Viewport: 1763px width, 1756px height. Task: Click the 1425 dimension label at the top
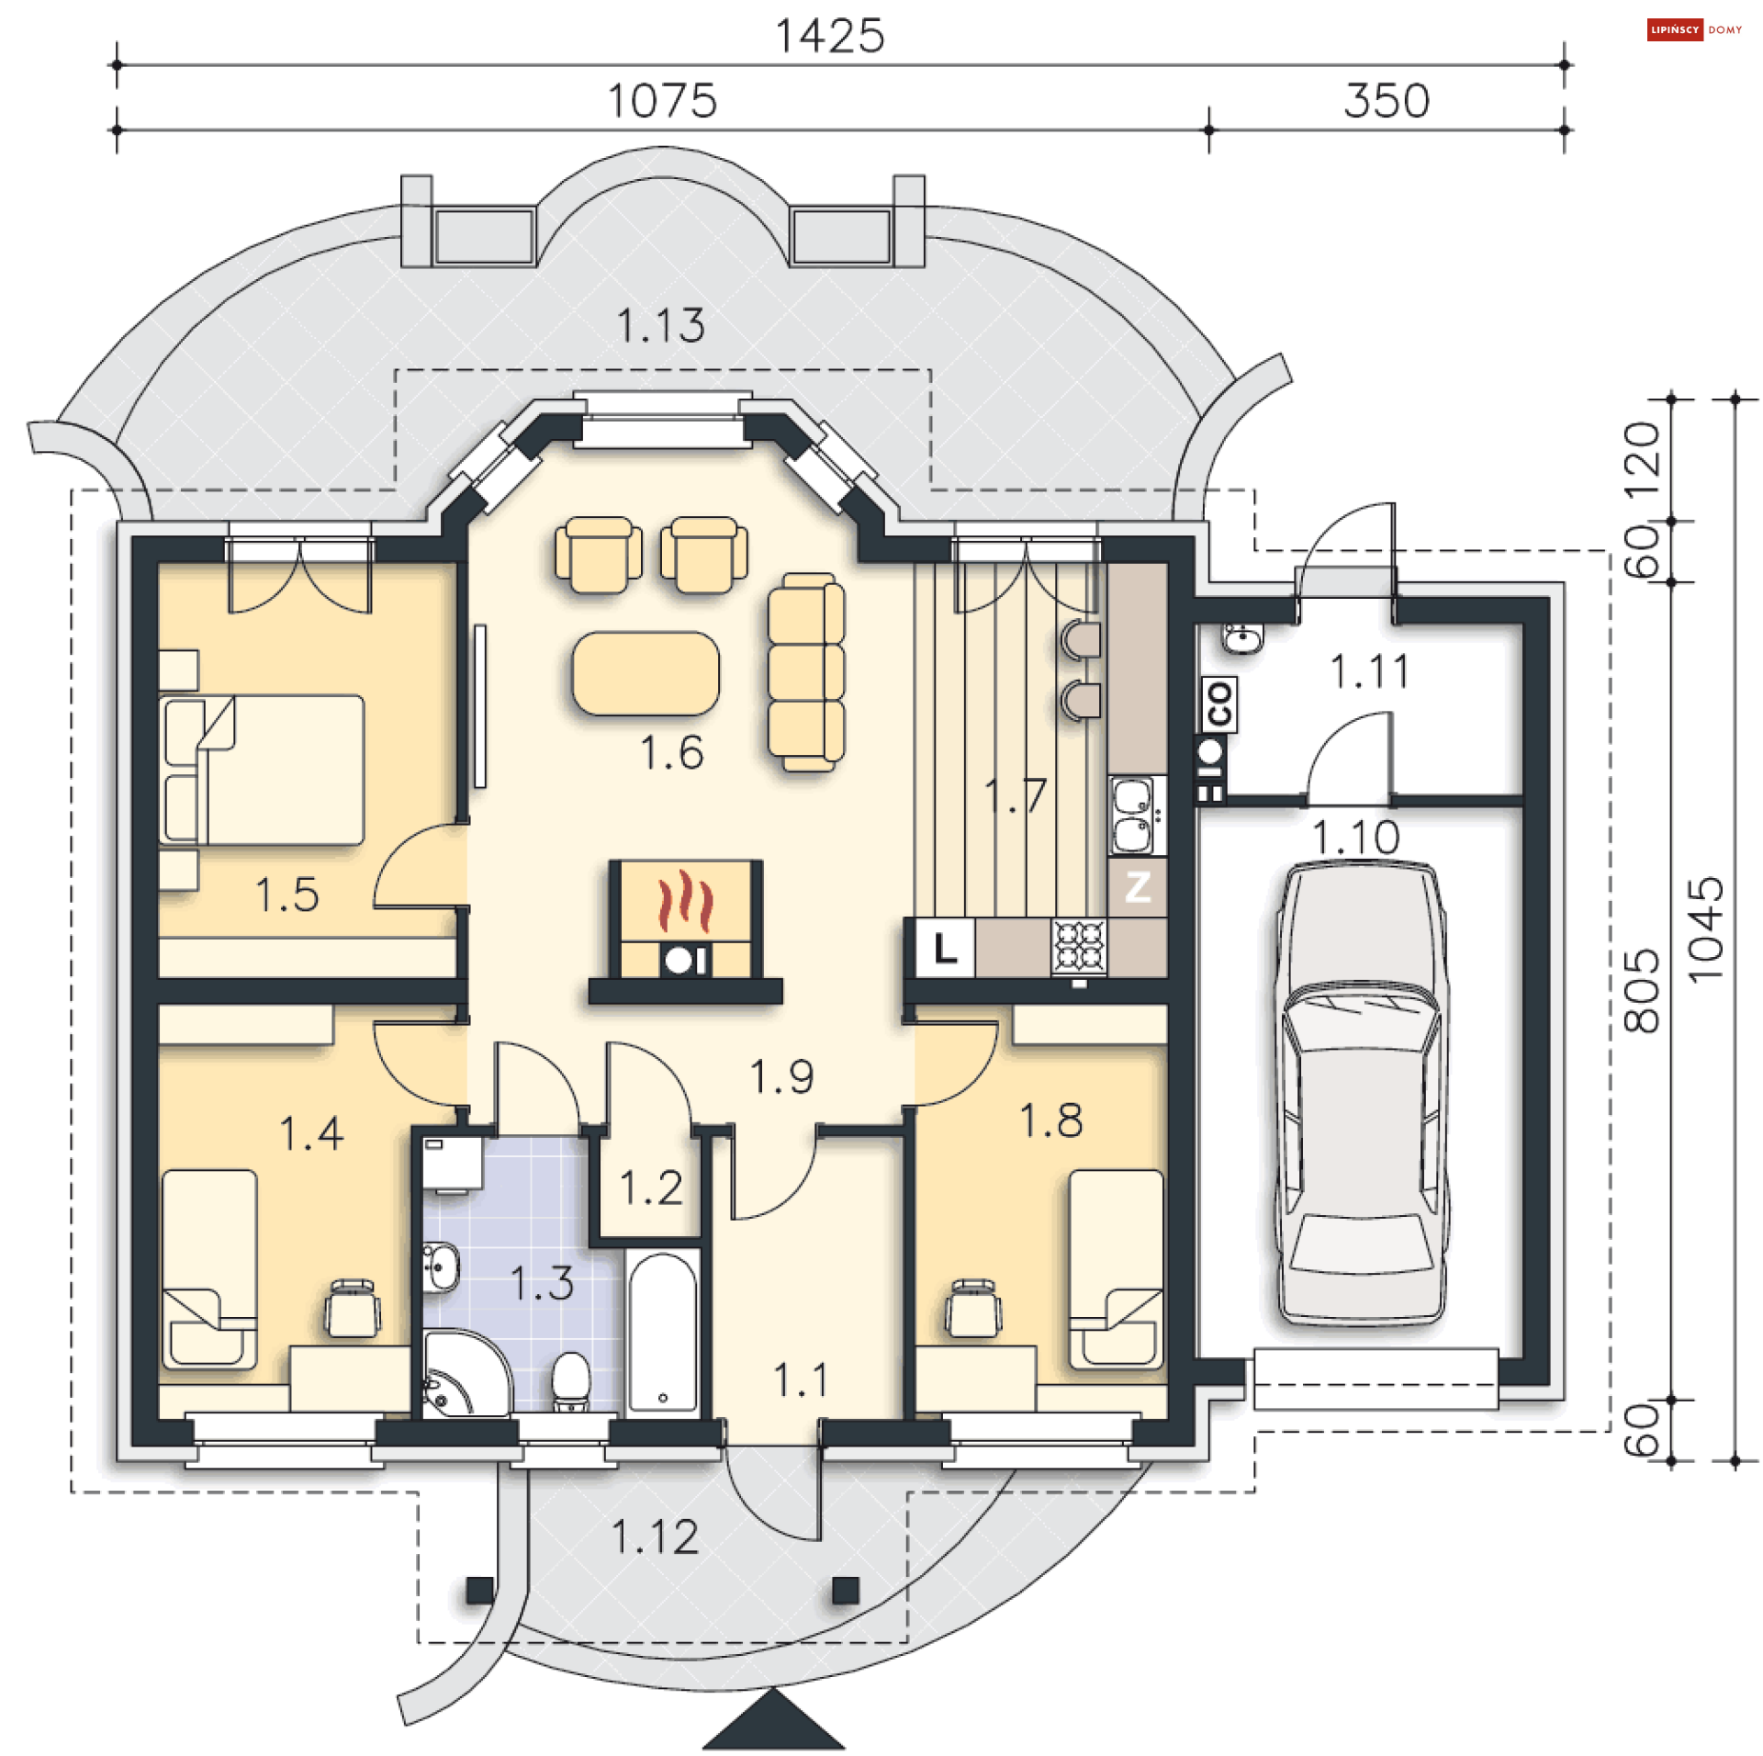click(x=829, y=37)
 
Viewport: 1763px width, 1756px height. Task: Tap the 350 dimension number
click(x=1386, y=101)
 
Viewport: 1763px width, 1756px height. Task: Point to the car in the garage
click(x=1362, y=1093)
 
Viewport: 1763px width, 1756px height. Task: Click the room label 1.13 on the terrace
click(x=660, y=326)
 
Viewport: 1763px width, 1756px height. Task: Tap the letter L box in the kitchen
click(x=945, y=948)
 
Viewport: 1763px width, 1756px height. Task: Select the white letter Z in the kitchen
click(x=1137, y=887)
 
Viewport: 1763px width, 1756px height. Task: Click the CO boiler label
click(x=1218, y=704)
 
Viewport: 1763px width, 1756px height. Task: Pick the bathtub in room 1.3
click(x=662, y=1333)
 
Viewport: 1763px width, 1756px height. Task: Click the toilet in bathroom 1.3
click(x=570, y=1381)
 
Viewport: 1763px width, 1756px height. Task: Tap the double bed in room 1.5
click(x=262, y=770)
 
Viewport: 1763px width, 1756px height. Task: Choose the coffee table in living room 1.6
click(x=646, y=673)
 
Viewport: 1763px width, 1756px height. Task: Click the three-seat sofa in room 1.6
click(x=806, y=672)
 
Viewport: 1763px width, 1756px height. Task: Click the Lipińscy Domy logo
click(x=1695, y=30)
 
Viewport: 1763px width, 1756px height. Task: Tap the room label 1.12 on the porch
click(x=655, y=1537)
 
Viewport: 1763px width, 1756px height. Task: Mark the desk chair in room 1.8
click(x=973, y=1308)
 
